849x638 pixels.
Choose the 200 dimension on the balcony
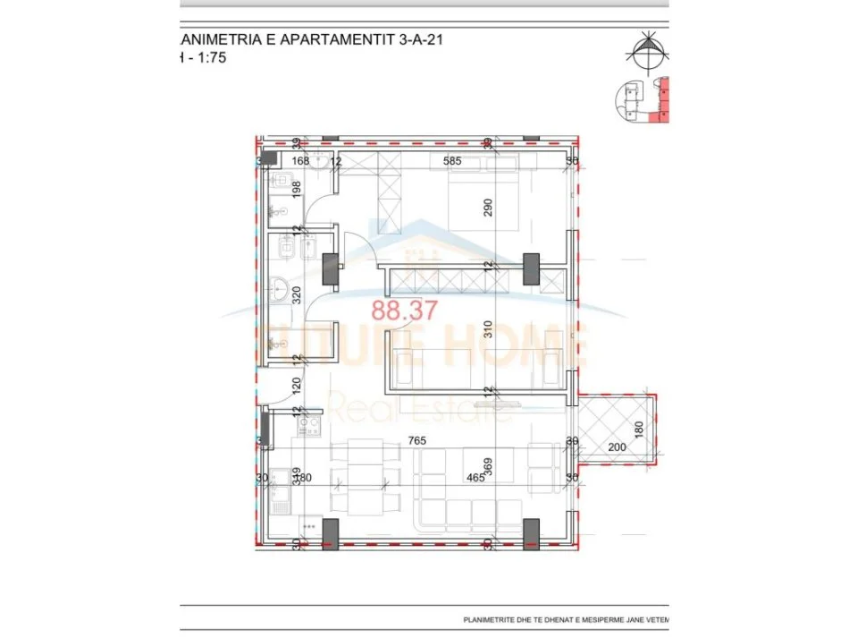(x=617, y=447)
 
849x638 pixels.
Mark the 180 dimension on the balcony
(x=638, y=430)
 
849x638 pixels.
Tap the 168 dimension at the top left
(x=299, y=161)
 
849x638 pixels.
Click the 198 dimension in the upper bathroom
(x=297, y=190)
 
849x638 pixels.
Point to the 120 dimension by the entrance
(x=297, y=387)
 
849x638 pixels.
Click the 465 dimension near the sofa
(x=475, y=478)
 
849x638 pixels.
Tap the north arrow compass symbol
(x=648, y=51)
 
